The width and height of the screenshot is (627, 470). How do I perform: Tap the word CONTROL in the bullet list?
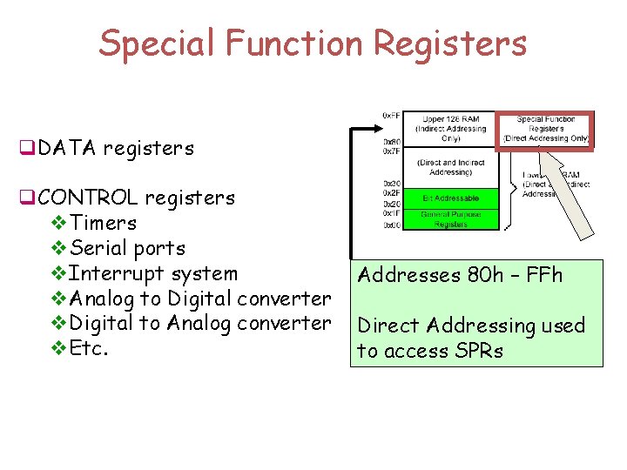tap(89, 198)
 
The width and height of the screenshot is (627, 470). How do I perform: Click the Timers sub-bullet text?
tap(103, 223)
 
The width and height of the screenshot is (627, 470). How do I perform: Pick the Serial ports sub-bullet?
tap(127, 248)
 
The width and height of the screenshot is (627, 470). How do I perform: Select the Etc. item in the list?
tap(90, 349)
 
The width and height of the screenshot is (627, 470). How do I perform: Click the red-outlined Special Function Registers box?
tap(545, 129)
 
